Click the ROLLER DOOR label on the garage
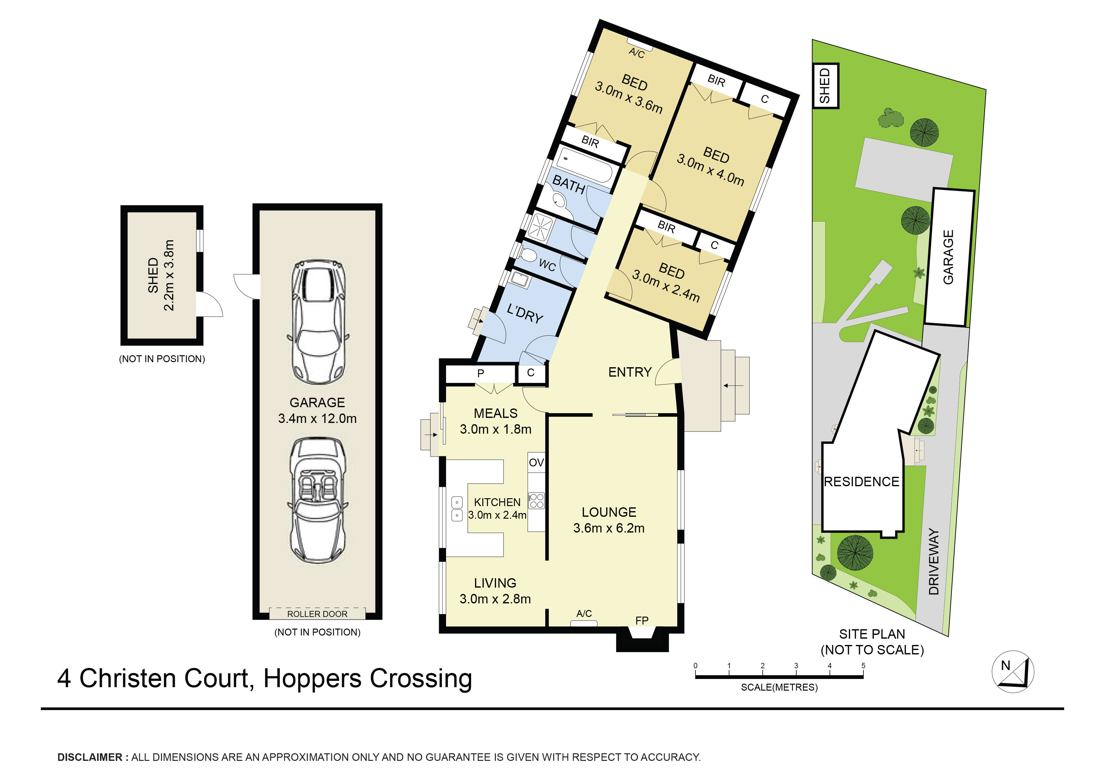[317, 614]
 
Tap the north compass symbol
[1013, 671]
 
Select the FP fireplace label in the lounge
[642, 621]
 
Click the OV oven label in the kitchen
[536, 463]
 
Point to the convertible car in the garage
[318, 500]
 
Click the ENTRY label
[629, 372]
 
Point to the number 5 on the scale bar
[863, 665]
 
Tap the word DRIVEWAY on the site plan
[934, 562]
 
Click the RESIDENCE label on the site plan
[862, 482]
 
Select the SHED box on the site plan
[825, 86]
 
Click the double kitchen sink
[457, 509]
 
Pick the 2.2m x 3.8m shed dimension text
[169, 275]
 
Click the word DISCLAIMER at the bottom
[90, 757]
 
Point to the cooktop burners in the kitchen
[537, 500]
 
